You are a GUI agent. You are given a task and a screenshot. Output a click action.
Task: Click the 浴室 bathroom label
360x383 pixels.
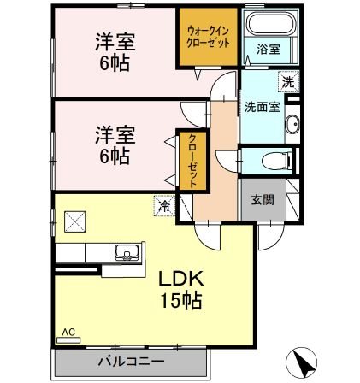269,50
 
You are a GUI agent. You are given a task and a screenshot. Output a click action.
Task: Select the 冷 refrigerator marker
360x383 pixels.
162,205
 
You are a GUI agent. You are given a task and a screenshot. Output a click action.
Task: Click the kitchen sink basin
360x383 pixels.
127,252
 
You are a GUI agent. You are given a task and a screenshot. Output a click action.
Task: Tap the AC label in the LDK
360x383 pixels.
67,331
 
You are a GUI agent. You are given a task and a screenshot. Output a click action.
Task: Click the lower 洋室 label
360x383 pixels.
115,134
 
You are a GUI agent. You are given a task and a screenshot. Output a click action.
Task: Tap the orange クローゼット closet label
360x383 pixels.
193,161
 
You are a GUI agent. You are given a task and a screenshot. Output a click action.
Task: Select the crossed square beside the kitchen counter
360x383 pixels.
74,221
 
